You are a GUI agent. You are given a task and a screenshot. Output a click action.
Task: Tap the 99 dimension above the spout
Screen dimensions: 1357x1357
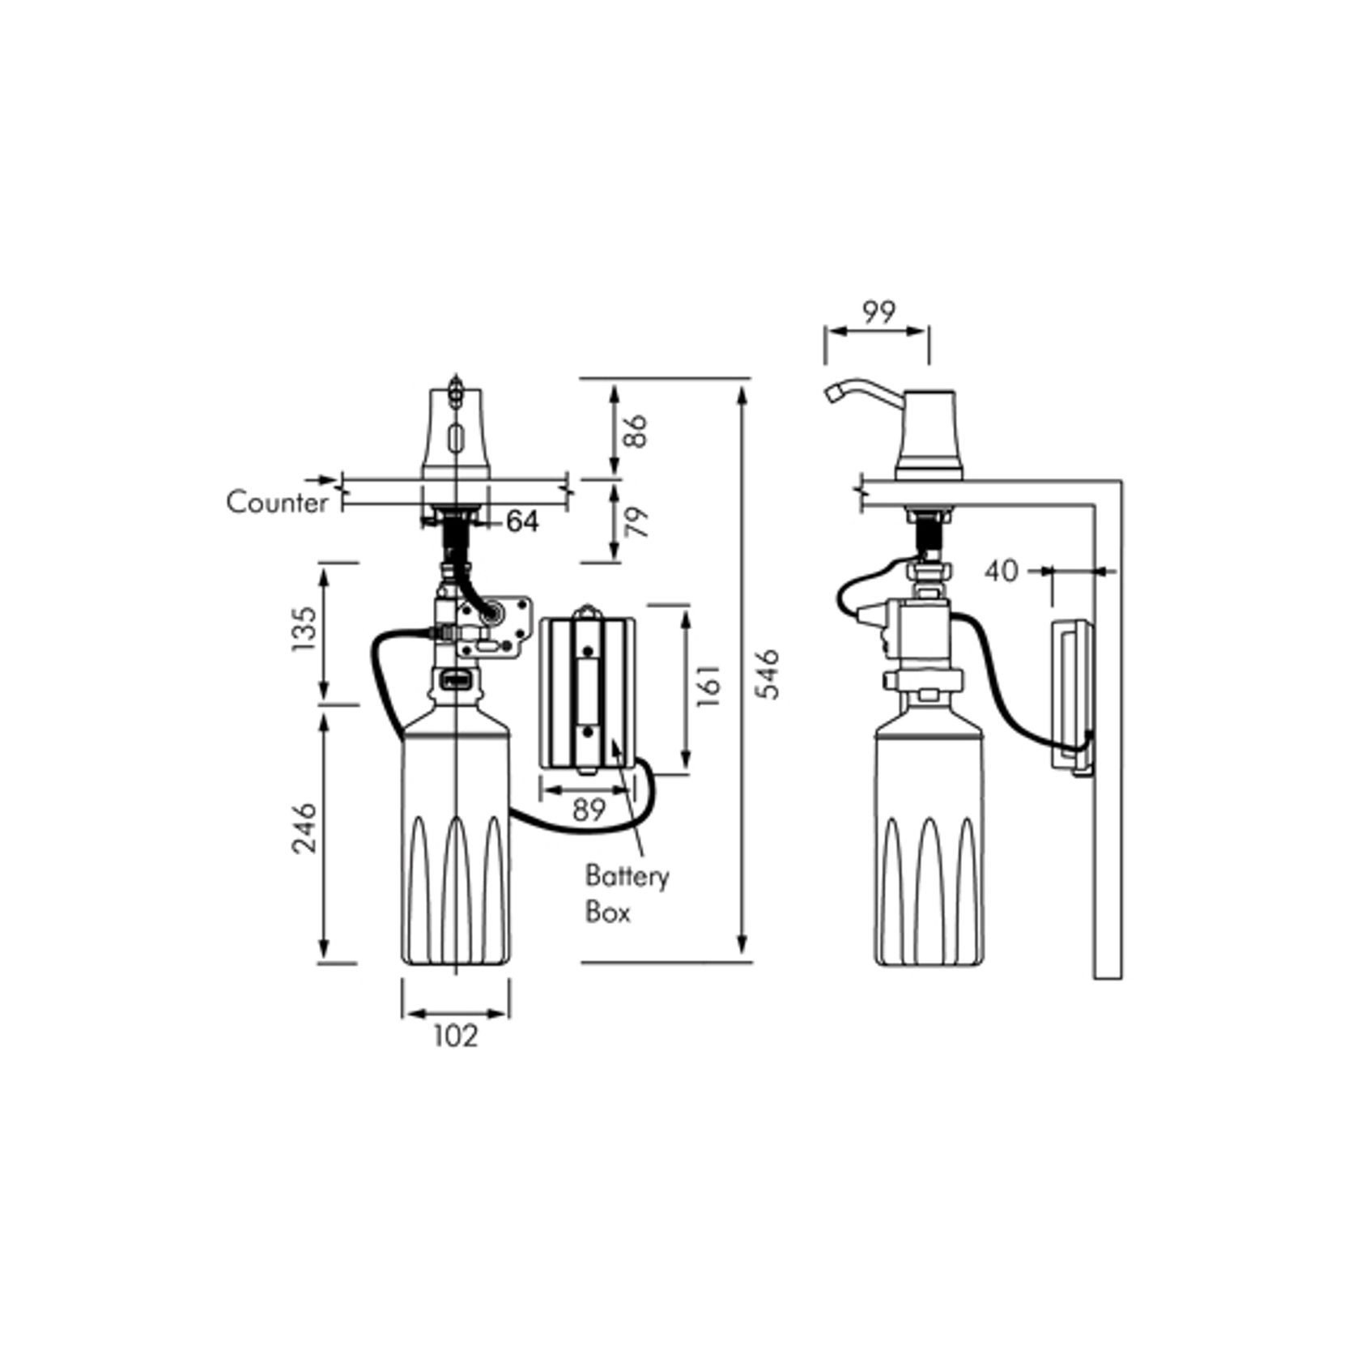(x=878, y=312)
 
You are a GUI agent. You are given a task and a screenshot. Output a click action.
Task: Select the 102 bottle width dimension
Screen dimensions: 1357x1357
(x=456, y=1036)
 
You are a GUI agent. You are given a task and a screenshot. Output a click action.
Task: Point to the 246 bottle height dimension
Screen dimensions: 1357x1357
(x=304, y=827)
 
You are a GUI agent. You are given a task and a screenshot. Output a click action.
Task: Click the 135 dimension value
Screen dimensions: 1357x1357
(x=304, y=630)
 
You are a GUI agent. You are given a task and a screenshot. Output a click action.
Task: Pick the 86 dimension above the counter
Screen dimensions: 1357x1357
(x=636, y=431)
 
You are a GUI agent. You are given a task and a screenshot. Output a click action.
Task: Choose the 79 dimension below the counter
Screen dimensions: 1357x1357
(x=638, y=522)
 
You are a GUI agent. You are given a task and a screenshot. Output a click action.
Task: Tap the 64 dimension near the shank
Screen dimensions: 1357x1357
(x=521, y=522)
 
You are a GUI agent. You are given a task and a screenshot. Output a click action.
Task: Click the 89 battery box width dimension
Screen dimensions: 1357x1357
(x=588, y=810)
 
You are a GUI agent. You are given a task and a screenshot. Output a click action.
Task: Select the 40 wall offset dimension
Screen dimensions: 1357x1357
(x=1001, y=572)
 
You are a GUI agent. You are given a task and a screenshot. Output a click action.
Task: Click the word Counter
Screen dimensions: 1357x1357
(x=277, y=503)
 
